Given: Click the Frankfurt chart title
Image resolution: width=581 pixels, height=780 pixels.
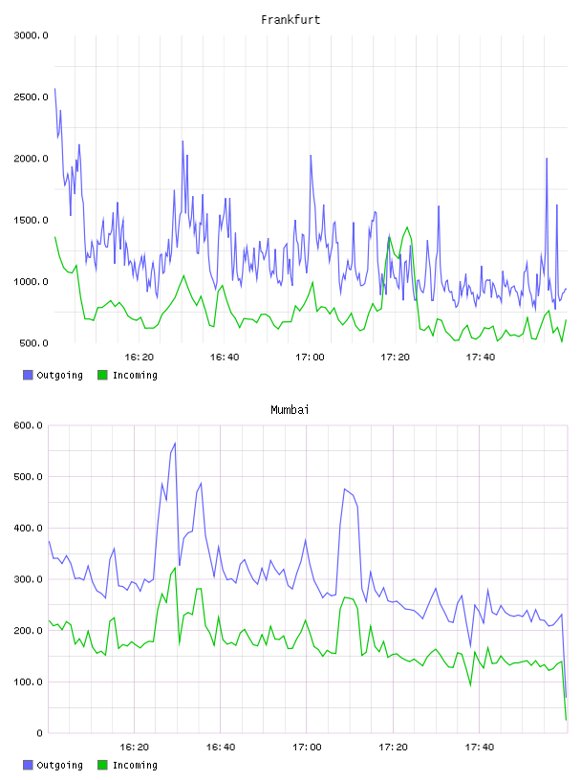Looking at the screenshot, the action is (290, 19).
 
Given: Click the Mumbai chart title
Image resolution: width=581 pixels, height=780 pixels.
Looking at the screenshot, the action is (290, 409).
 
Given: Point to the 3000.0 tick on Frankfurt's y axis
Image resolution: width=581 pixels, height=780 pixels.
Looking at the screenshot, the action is (31, 35).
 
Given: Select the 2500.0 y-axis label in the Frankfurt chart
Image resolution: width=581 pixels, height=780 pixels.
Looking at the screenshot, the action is (31, 97).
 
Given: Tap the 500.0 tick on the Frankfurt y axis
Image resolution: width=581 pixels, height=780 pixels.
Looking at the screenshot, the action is (33, 343).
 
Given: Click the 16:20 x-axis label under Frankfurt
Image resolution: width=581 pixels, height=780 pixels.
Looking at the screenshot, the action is (139, 357).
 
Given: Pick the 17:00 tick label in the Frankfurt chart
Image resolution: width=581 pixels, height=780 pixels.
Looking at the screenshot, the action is (310, 357).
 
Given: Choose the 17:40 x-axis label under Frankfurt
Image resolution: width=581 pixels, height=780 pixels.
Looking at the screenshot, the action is (480, 357).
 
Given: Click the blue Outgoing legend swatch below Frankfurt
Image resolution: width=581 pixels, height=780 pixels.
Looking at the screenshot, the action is (28, 375).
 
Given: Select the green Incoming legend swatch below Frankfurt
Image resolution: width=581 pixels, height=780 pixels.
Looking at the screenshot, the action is (102, 375).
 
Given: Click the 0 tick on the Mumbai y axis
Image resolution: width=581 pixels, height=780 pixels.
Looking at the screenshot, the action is (39, 733).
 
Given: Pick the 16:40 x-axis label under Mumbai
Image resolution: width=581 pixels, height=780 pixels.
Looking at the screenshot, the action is (221, 747).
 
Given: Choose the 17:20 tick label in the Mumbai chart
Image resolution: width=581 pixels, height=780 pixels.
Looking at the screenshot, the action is (393, 747).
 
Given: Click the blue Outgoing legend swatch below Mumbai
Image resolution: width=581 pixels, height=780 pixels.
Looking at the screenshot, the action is (28, 765).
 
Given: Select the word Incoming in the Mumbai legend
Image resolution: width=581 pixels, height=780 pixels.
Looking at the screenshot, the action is (135, 765).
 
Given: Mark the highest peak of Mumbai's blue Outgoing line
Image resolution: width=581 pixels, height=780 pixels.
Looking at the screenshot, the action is (175, 443).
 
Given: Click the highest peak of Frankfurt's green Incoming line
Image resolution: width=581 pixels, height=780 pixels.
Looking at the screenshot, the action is (407, 227).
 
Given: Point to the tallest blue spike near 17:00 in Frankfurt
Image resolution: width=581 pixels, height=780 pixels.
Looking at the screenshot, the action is (311, 155).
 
